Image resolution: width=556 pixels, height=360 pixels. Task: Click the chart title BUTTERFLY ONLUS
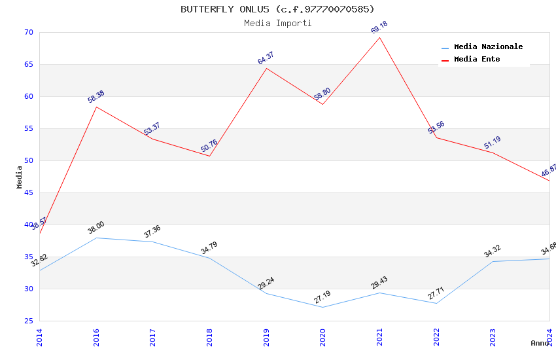coord(277,9)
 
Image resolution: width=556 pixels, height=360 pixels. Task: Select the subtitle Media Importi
coord(277,23)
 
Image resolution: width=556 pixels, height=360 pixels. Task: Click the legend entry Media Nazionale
coord(488,47)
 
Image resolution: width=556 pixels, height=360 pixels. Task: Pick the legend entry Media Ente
coord(477,60)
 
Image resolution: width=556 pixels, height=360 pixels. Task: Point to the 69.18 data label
coord(379,27)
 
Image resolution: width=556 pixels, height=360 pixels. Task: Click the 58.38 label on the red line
coord(96,97)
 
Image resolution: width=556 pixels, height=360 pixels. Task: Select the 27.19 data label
coord(322,298)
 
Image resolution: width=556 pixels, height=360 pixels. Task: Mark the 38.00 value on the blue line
coord(96,228)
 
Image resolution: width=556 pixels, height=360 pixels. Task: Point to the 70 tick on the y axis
coord(28,33)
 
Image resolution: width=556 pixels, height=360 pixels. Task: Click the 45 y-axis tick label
coord(28,193)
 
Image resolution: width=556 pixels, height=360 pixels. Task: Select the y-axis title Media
coord(20,177)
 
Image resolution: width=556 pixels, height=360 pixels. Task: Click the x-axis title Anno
coord(540,343)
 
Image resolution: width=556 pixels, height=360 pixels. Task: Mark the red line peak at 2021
coord(379,37)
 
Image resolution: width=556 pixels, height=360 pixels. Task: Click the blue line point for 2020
coord(322,307)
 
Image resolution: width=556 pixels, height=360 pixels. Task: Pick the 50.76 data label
coord(209,145)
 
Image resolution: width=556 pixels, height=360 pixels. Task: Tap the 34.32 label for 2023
coord(492,251)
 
